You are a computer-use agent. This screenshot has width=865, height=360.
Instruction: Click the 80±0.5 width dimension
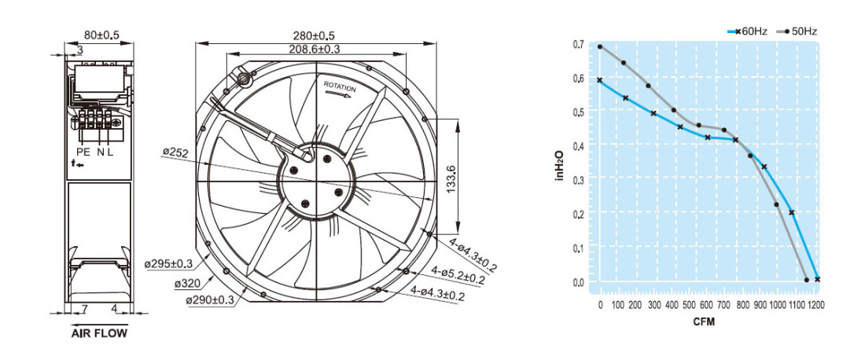[x=101, y=35]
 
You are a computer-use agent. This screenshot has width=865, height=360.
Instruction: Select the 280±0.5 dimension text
[x=313, y=36]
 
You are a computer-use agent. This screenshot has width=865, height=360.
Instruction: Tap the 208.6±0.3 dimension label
[x=315, y=49]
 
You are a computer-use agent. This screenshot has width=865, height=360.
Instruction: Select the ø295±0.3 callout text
[x=168, y=264]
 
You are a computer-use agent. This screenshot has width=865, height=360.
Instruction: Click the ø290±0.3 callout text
[x=210, y=300]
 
